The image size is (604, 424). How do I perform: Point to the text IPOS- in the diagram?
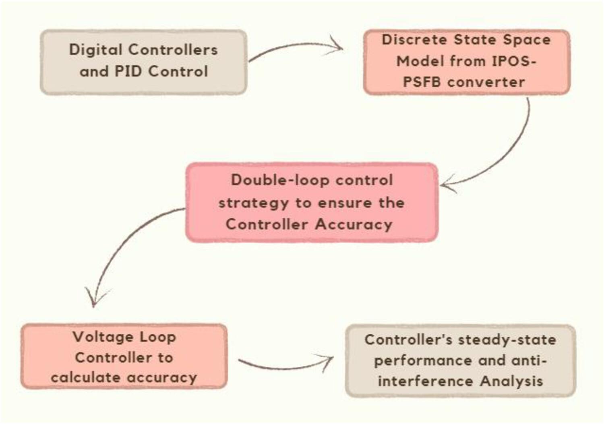click(x=514, y=61)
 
